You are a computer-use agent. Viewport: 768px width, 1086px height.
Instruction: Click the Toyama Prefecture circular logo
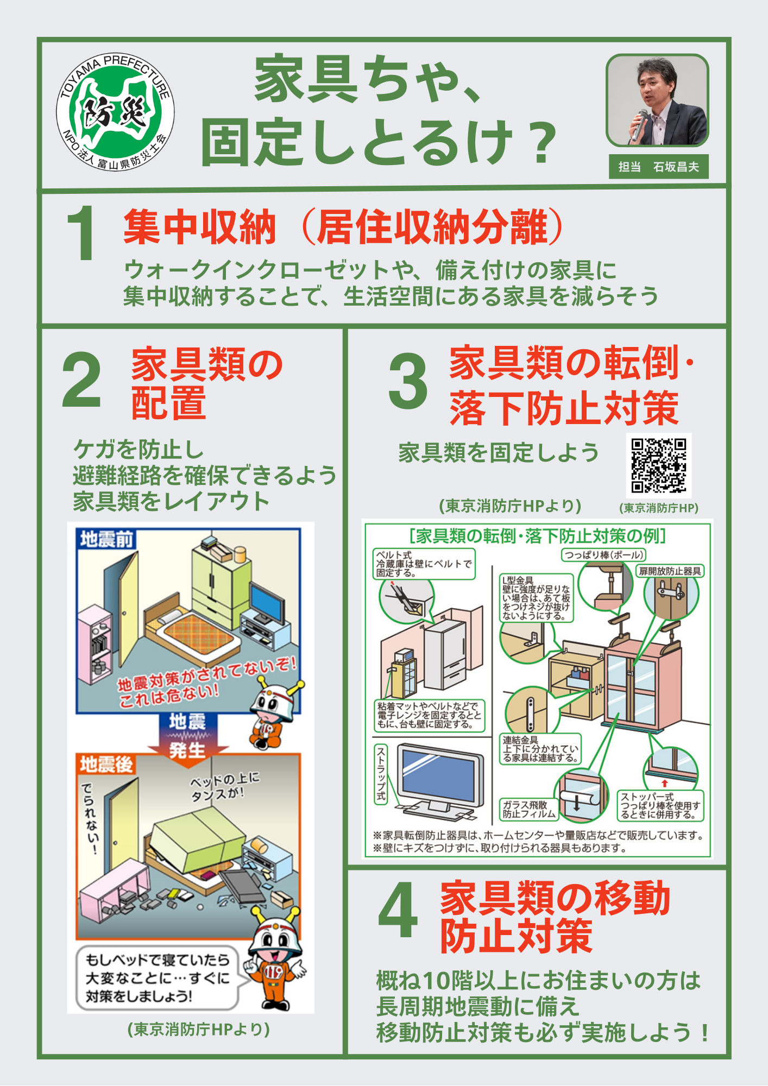pyautogui.click(x=115, y=112)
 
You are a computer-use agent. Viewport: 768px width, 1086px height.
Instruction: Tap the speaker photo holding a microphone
pyautogui.click(x=657, y=100)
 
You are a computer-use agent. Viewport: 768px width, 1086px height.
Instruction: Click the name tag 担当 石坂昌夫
pyautogui.click(x=659, y=167)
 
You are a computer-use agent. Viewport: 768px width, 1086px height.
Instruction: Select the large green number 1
pyautogui.click(x=82, y=233)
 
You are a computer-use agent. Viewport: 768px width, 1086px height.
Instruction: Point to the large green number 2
pyautogui.click(x=81, y=379)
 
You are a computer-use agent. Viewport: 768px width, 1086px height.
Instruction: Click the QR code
pyautogui.click(x=658, y=465)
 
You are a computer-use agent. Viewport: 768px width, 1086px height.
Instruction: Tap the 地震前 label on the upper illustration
pyautogui.click(x=106, y=539)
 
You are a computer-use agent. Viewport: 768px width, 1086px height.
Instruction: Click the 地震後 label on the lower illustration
pyautogui.click(x=106, y=765)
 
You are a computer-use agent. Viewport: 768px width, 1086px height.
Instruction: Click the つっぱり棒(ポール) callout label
pyautogui.click(x=603, y=555)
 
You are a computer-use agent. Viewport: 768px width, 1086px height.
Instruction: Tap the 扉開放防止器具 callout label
pyautogui.click(x=670, y=571)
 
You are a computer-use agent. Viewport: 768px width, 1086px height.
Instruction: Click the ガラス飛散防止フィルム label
pyautogui.click(x=529, y=810)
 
